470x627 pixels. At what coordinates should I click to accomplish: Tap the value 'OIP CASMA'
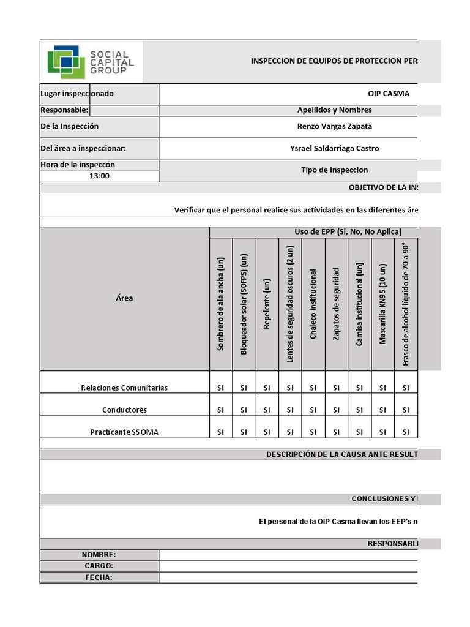388,94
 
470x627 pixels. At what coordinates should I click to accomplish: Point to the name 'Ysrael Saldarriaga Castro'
334,148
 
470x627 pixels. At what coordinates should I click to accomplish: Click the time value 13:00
99,176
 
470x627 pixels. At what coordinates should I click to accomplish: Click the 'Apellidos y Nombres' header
334,110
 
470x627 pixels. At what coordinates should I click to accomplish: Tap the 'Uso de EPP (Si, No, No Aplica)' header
348,231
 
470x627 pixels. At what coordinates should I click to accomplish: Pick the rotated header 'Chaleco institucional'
313,304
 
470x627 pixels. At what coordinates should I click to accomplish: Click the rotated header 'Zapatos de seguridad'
336,304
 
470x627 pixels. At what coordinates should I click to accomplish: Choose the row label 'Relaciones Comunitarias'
124,388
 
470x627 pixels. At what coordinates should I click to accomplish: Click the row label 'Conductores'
124,410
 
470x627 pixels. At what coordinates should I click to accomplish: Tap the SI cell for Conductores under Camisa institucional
359,410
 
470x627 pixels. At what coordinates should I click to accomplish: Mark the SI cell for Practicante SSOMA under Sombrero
221,432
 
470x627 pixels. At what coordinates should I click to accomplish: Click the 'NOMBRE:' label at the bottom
99,555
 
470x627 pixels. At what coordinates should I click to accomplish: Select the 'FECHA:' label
99,577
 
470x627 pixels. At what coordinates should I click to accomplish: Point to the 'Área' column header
124,298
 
